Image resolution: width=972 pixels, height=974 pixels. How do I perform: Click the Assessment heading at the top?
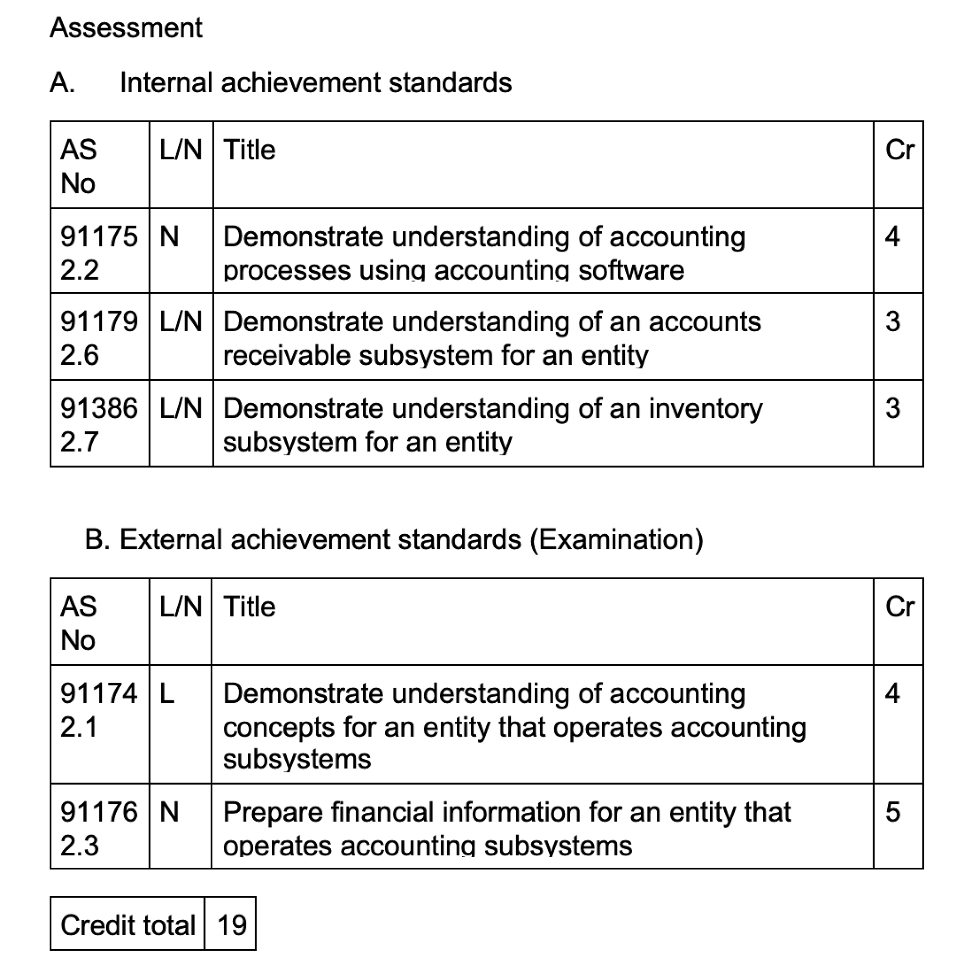(x=126, y=28)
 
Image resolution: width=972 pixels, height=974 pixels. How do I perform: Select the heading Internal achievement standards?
(x=316, y=83)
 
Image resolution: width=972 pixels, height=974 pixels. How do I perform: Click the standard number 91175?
(x=99, y=237)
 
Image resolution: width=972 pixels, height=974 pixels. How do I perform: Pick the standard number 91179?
(x=99, y=321)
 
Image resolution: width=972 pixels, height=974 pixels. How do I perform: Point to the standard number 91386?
(x=99, y=409)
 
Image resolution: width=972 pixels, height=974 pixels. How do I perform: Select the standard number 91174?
(x=99, y=693)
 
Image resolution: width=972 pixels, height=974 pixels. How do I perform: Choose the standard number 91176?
(x=99, y=812)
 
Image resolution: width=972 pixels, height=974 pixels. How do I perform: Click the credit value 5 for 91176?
(x=892, y=812)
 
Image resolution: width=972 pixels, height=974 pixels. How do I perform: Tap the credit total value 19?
(x=232, y=925)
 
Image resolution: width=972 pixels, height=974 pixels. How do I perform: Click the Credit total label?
(x=128, y=925)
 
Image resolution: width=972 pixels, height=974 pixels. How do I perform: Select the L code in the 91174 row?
(x=168, y=693)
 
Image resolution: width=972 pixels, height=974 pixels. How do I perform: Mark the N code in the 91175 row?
(x=169, y=237)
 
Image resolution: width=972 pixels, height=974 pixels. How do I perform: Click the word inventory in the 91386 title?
(x=705, y=409)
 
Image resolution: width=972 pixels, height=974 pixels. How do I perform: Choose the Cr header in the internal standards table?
(x=899, y=150)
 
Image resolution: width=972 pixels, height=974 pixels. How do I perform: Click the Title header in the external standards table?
(x=249, y=607)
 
